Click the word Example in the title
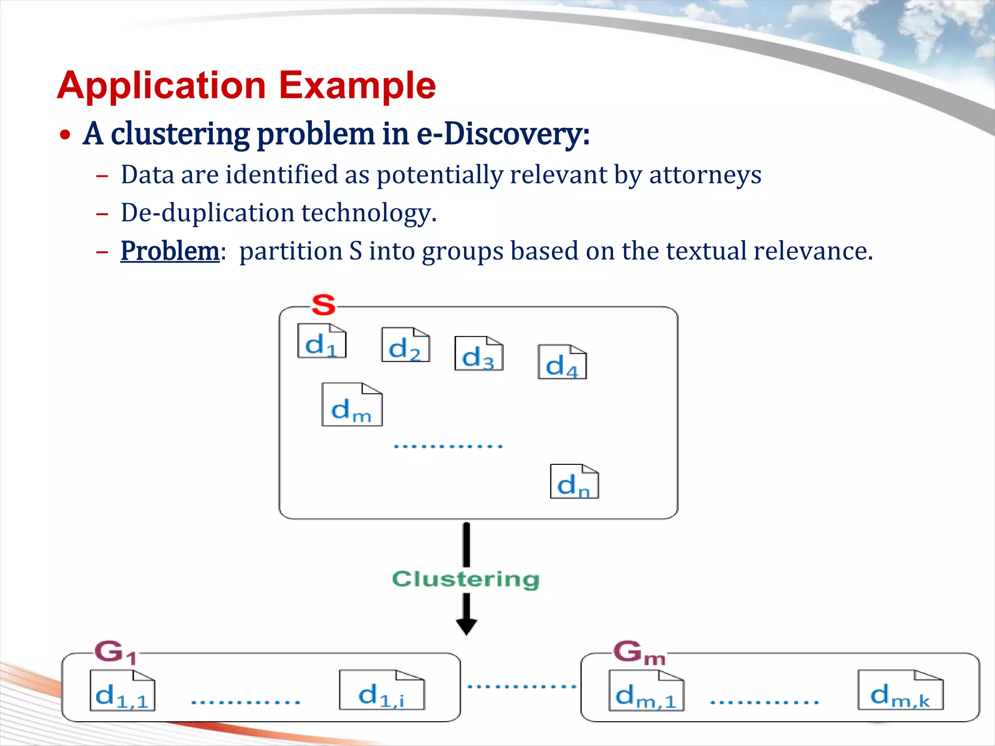click(357, 85)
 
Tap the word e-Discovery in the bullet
click(503, 134)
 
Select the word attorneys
click(705, 175)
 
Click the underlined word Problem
click(170, 251)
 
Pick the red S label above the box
click(324, 305)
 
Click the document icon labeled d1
click(322, 341)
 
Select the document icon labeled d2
click(406, 345)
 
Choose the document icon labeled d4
click(562, 362)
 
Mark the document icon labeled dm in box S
click(352, 405)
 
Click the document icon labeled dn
click(574, 482)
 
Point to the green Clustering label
click(465, 579)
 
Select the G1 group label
click(115, 652)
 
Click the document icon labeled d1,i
click(381, 691)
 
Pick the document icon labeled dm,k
click(900, 691)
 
